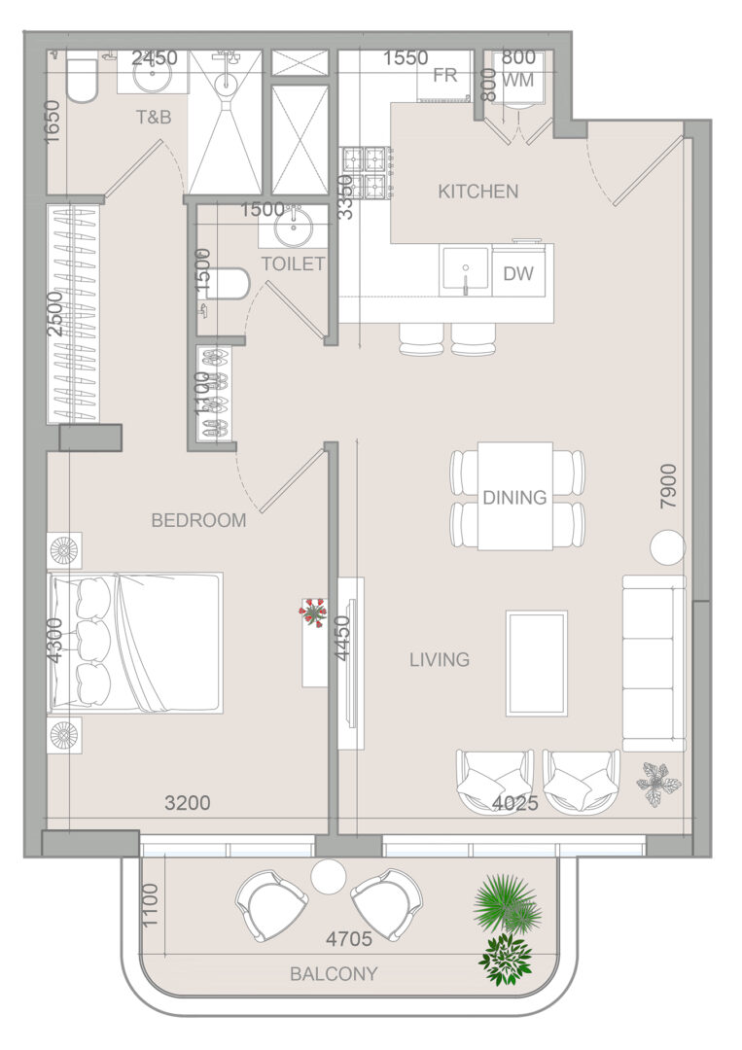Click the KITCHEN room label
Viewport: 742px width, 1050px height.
[x=478, y=192]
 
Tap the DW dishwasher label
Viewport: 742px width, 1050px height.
[x=517, y=273]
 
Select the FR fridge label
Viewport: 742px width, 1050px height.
[x=444, y=76]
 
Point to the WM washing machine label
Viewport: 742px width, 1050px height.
[x=517, y=80]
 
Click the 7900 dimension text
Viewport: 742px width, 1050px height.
[x=668, y=486]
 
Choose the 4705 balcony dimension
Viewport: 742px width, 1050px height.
[x=349, y=939]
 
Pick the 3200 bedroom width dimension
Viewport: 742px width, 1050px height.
[x=188, y=802]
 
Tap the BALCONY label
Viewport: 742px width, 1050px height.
[x=334, y=973]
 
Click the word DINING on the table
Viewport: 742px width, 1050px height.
[x=514, y=498]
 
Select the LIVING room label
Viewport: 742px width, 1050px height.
[x=440, y=659]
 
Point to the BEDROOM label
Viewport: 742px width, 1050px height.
[x=199, y=520]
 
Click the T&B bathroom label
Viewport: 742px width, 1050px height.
[x=154, y=118]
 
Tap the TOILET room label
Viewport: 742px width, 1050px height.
[x=294, y=263]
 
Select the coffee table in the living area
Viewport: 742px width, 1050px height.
[x=537, y=663]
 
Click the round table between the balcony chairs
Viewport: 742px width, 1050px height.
[x=328, y=875]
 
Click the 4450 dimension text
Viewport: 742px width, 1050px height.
[x=343, y=638]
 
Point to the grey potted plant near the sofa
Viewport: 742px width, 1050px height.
[x=657, y=784]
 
